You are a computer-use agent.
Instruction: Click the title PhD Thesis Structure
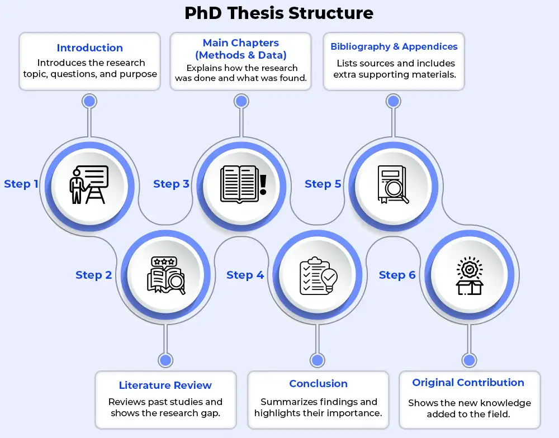click(279, 13)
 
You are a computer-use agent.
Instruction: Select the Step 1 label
click(21, 184)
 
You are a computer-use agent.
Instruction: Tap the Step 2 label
click(94, 275)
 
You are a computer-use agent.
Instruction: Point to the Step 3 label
click(172, 184)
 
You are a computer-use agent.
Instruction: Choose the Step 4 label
click(245, 275)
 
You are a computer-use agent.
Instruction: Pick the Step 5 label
click(323, 184)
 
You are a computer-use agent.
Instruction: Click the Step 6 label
click(397, 275)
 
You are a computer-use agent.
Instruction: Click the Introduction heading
click(89, 48)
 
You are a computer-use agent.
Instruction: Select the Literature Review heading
click(165, 385)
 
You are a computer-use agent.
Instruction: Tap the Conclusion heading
click(318, 384)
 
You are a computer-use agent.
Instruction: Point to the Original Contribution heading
click(468, 383)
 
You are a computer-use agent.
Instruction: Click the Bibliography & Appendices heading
click(394, 47)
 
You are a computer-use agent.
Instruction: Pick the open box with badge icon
click(470, 276)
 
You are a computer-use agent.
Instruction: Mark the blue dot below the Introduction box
click(89, 101)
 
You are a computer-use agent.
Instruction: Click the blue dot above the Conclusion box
click(318, 360)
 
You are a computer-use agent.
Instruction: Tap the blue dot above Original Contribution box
click(470, 360)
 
